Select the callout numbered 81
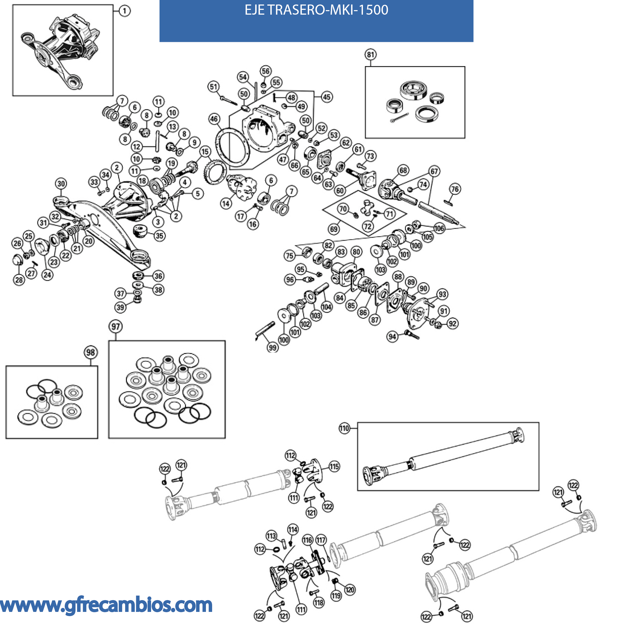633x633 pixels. pyautogui.click(x=371, y=54)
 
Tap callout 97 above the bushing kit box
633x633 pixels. pyautogui.click(x=116, y=326)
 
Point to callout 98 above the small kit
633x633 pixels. pyautogui.click(x=90, y=352)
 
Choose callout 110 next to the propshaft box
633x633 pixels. pyautogui.click(x=344, y=428)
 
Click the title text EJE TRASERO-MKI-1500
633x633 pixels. pyautogui.click(x=316, y=10)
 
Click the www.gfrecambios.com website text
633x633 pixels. pyautogui.click(x=106, y=605)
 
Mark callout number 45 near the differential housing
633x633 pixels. pyautogui.click(x=327, y=97)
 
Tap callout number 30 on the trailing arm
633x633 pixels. pyautogui.click(x=61, y=183)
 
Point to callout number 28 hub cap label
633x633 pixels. pyautogui.click(x=19, y=280)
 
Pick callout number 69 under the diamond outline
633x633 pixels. pyautogui.click(x=334, y=229)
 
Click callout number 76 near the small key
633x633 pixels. pyautogui.click(x=455, y=189)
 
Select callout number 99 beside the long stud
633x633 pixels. pyautogui.click(x=273, y=348)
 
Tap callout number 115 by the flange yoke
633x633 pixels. pyautogui.click(x=334, y=466)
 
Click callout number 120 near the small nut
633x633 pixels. pyautogui.click(x=350, y=590)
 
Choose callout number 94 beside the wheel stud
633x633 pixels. pyautogui.click(x=392, y=336)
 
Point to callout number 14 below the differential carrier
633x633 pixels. pyautogui.click(x=226, y=204)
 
